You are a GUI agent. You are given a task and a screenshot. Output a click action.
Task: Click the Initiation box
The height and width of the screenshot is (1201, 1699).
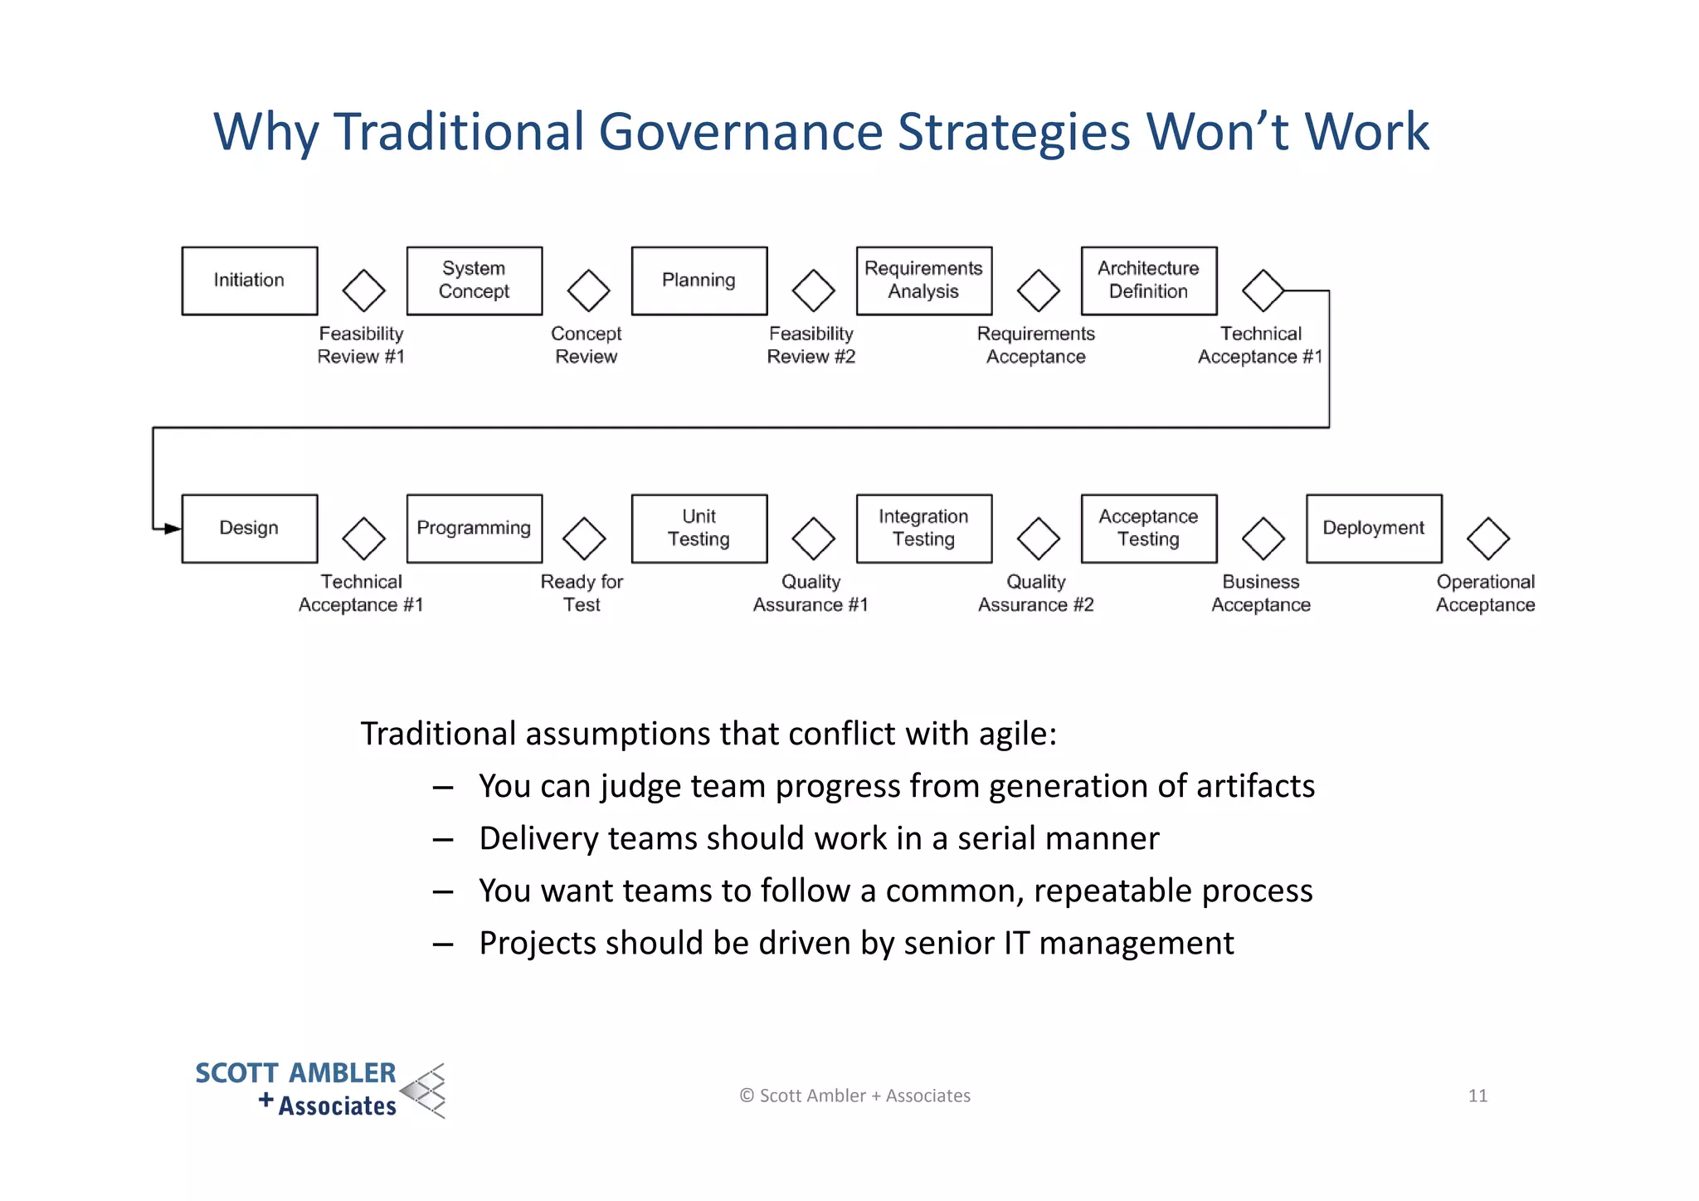249,281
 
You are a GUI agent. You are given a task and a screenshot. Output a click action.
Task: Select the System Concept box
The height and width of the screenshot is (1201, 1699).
474,281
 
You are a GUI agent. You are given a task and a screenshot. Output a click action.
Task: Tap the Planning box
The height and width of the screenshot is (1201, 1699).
699,281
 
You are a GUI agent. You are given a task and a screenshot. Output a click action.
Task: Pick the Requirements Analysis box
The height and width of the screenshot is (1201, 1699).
923,281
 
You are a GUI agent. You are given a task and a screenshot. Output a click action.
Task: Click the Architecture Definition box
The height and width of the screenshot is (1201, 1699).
1148,281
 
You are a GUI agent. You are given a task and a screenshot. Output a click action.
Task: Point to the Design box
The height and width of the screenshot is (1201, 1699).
249,529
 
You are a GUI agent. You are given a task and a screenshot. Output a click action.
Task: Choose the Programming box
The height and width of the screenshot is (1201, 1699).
474,529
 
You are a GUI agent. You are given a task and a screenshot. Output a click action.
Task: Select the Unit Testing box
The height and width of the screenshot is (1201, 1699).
699,529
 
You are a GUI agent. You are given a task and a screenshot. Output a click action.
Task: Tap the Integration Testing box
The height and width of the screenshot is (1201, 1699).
923,529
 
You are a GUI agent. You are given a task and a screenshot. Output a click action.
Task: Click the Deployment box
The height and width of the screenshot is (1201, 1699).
1373,529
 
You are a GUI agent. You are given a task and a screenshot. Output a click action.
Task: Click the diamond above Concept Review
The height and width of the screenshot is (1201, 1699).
588,290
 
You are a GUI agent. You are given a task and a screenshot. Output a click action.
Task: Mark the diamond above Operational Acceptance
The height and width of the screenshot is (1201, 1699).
1487,539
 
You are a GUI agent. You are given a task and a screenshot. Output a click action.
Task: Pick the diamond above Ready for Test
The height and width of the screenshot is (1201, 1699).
584,539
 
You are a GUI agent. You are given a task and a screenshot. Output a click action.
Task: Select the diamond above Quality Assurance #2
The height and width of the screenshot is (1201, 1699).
1038,539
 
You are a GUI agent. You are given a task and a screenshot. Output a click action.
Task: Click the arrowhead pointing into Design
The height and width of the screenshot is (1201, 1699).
173,529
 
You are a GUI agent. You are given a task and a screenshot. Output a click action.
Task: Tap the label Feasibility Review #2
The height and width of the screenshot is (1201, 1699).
811,345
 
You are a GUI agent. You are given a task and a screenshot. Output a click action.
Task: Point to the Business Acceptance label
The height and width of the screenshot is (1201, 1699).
1260,593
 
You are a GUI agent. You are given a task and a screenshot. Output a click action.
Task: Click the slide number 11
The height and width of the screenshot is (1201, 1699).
1477,1096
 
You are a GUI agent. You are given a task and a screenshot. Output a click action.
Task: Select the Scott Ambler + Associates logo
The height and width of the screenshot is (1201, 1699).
320,1090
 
